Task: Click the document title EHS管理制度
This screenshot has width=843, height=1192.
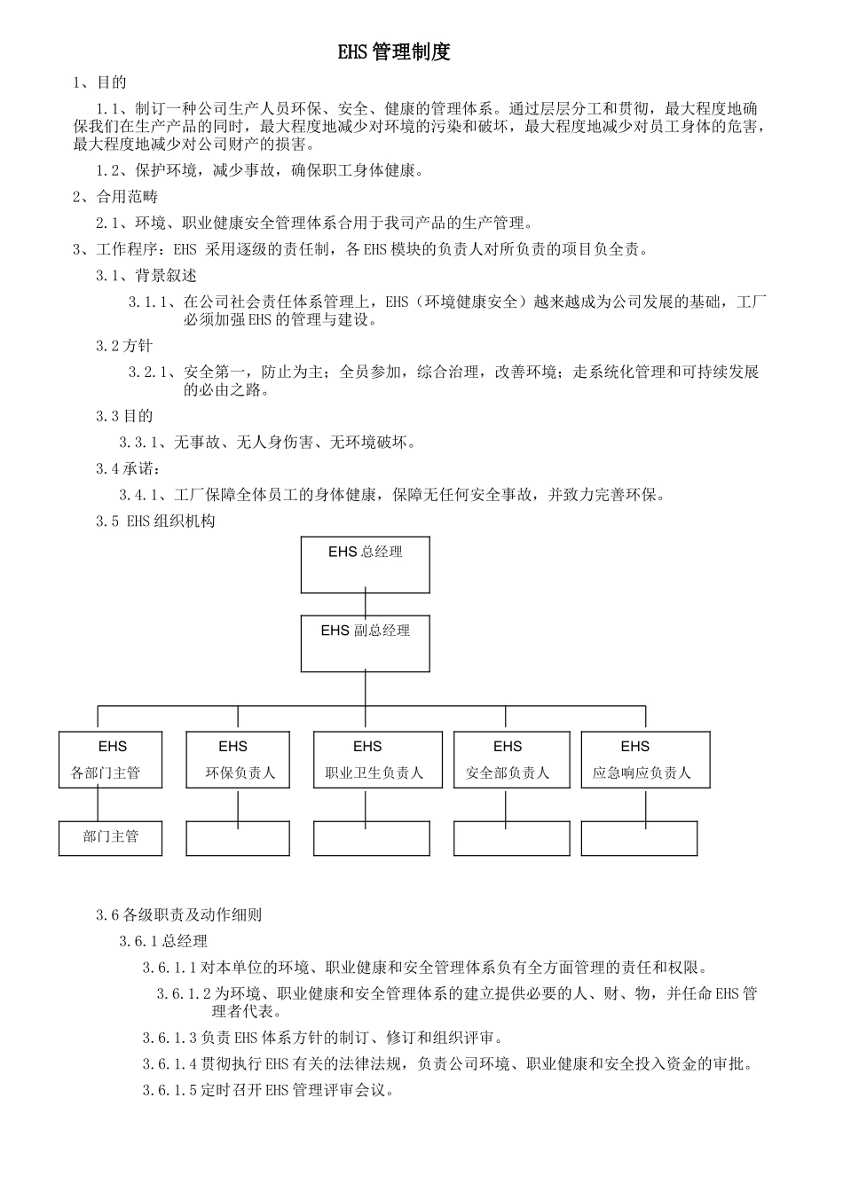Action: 394,52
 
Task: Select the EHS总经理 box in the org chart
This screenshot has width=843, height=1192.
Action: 365,564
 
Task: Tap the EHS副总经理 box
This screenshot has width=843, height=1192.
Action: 365,643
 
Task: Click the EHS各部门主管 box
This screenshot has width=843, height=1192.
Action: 111,759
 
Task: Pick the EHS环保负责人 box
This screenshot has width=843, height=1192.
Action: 238,759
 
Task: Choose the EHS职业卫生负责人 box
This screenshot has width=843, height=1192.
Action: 377,759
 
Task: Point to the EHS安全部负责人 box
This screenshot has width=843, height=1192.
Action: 511,759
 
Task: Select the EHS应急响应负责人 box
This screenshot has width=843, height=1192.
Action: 645,759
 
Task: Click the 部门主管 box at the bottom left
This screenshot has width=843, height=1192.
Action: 111,838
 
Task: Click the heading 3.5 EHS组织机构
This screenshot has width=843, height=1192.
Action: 155,521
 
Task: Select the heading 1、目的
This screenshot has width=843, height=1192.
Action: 99,83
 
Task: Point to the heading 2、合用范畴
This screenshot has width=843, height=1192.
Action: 115,197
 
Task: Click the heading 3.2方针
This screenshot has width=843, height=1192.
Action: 124,346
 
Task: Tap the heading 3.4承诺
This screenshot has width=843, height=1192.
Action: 128,468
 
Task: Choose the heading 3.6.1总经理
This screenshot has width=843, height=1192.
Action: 163,941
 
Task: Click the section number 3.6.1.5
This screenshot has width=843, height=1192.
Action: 170,1090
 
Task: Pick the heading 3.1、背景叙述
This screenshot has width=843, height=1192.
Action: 146,276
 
